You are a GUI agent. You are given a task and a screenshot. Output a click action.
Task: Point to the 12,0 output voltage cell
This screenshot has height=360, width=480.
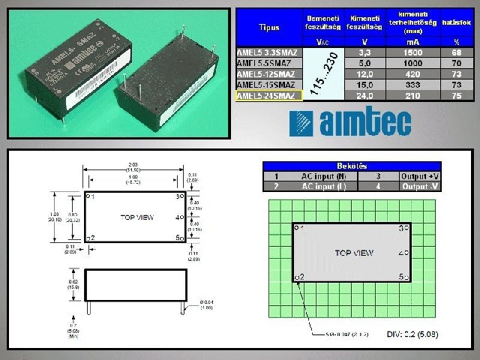pos(365,74)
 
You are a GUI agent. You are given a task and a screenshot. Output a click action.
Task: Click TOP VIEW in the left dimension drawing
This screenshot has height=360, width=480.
pos(137,217)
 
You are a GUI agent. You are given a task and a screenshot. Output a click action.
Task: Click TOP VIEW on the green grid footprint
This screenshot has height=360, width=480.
pos(354,253)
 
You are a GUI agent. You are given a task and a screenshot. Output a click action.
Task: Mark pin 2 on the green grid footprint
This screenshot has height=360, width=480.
pos(300,277)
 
